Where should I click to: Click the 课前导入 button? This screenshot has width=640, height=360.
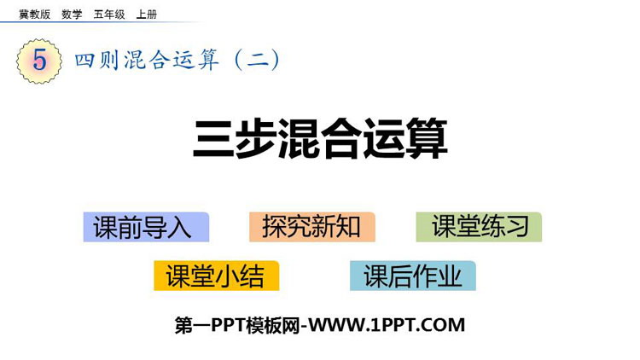pyautogui.click(x=146, y=227)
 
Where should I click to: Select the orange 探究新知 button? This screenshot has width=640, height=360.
pyautogui.click(x=312, y=227)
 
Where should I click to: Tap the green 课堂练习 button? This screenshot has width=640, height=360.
pyautogui.click(x=479, y=227)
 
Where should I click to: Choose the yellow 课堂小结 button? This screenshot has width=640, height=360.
pyautogui.click(x=217, y=276)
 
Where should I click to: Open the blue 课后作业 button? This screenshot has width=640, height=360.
pyautogui.click(x=413, y=276)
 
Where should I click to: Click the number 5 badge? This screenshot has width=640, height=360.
pyautogui.click(x=39, y=61)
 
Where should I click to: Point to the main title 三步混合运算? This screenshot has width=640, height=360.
pyautogui.click(x=320, y=138)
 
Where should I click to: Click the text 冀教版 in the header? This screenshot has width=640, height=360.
pyautogui.click(x=35, y=15)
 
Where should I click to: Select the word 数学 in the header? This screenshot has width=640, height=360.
pyautogui.click(x=72, y=15)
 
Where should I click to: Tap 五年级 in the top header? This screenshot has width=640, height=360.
pyautogui.click(x=109, y=15)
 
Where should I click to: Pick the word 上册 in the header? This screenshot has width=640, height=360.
pyautogui.click(x=147, y=15)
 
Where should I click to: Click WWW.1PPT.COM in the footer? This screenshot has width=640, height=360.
pyautogui.click(x=387, y=325)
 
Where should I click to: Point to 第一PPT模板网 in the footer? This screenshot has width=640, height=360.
pyautogui.click(x=237, y=325)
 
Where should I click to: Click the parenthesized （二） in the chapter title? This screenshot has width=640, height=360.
pyautogui.click(x=258, y=60)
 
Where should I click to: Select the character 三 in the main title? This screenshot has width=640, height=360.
pyautogui.click(x=213, y=138)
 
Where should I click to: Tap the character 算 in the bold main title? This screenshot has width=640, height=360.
pyautogui.click(x=427, y=138)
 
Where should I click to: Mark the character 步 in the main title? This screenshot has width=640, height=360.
pyautogui.click(x=256, y=138)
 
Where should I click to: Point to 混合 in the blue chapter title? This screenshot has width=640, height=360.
pyautogui.click(x=147, y=61)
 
